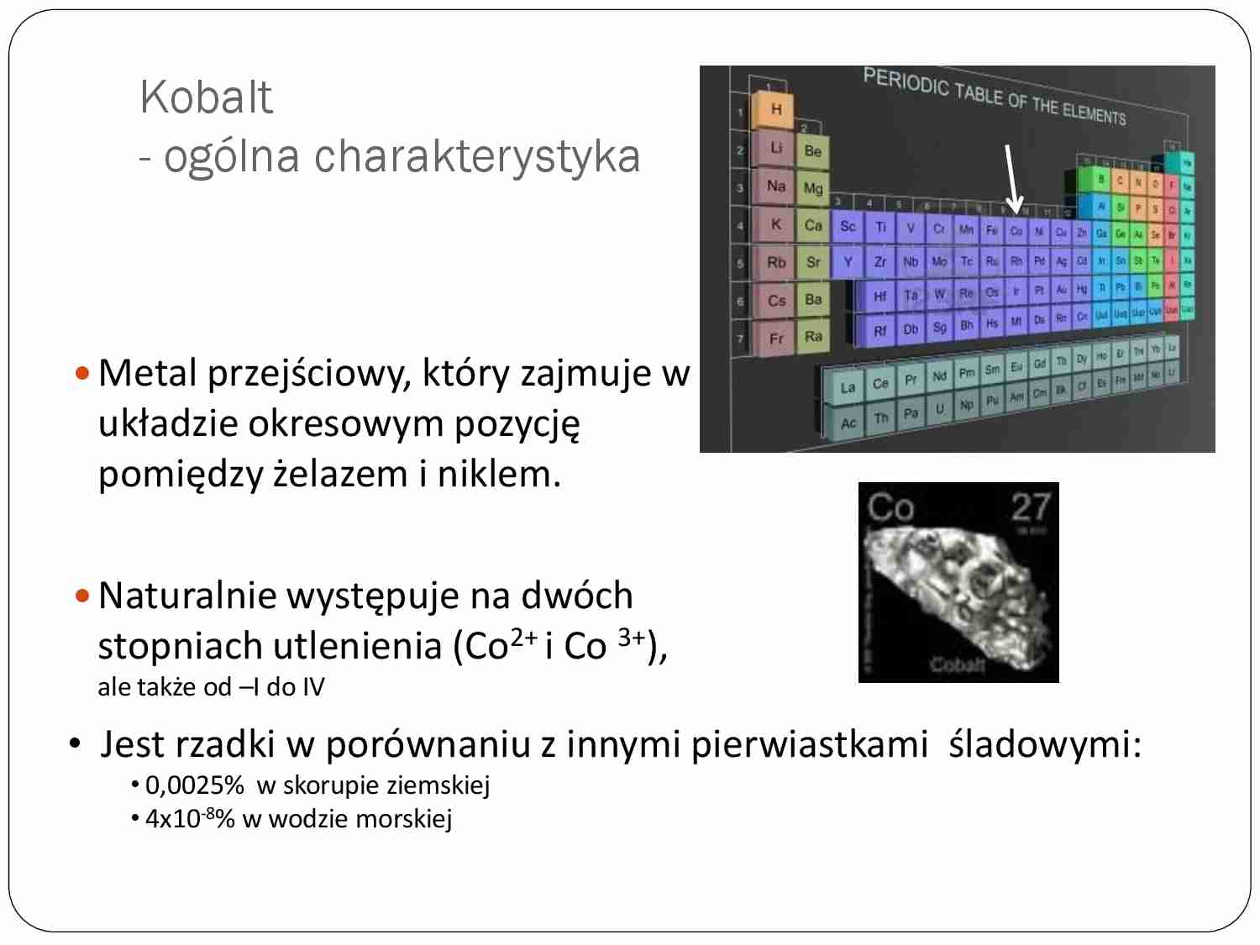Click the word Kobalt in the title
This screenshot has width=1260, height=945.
pos(206,97)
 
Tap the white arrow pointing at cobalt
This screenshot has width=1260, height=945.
pos(1012,178)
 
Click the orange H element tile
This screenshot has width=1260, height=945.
pos(775,109)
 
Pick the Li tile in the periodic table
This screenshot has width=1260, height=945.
pos(776,148)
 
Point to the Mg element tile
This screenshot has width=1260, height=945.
pos(812,188)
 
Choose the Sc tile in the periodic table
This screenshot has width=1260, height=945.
pos(848,226)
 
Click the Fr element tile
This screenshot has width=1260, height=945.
pos(776,339)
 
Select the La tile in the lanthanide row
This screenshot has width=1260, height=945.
pos(848,387)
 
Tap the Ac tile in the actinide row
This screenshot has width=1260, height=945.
pos(848,423)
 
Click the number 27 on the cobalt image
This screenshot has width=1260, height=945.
pos(1030,507)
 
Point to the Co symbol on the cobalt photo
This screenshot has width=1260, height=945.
pos(890,507)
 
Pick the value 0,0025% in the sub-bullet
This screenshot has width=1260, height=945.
pos(194,785)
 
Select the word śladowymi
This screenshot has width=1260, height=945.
pos(1045,745)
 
